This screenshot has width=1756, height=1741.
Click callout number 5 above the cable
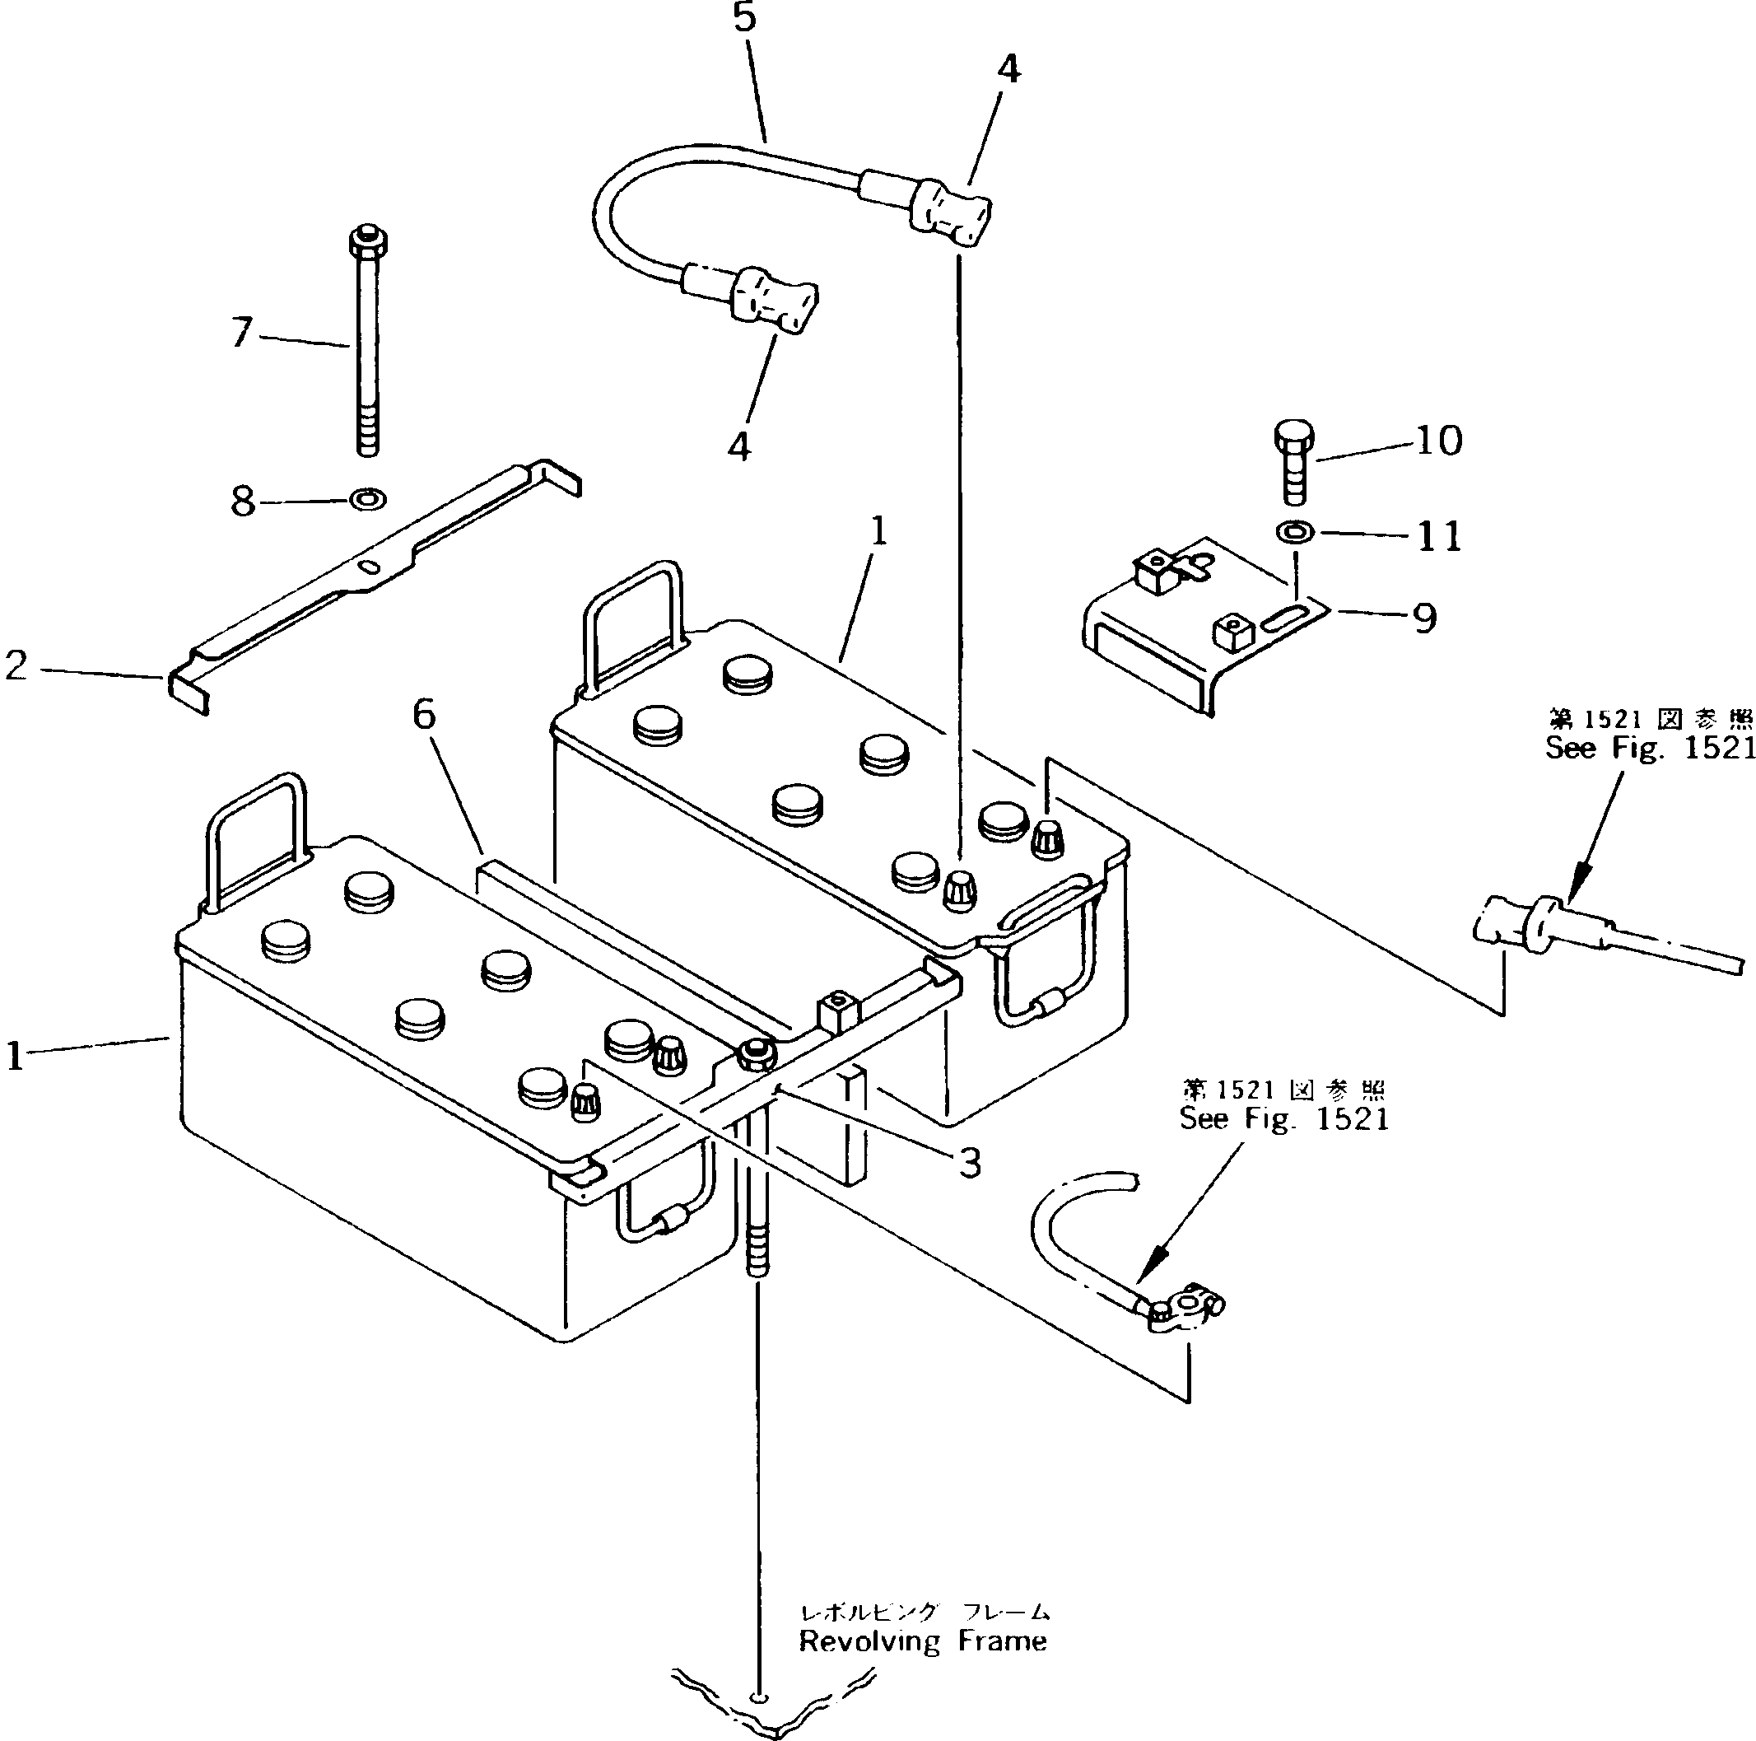point(744,18)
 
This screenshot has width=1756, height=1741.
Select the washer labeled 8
point(368,499)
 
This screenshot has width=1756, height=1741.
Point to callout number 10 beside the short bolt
point(1439,441)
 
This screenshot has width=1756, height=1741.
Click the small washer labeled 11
point(1294,530)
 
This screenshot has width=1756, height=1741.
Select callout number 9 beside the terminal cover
point(1424,618)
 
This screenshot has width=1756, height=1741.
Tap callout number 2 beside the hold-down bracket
point(16,665)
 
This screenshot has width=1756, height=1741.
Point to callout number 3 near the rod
point(970,1163)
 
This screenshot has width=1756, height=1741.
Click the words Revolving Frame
point(923,1642)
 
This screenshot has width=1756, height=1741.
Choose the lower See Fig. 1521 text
point(1284,1119)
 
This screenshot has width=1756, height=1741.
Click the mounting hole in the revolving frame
point(759,1698)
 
